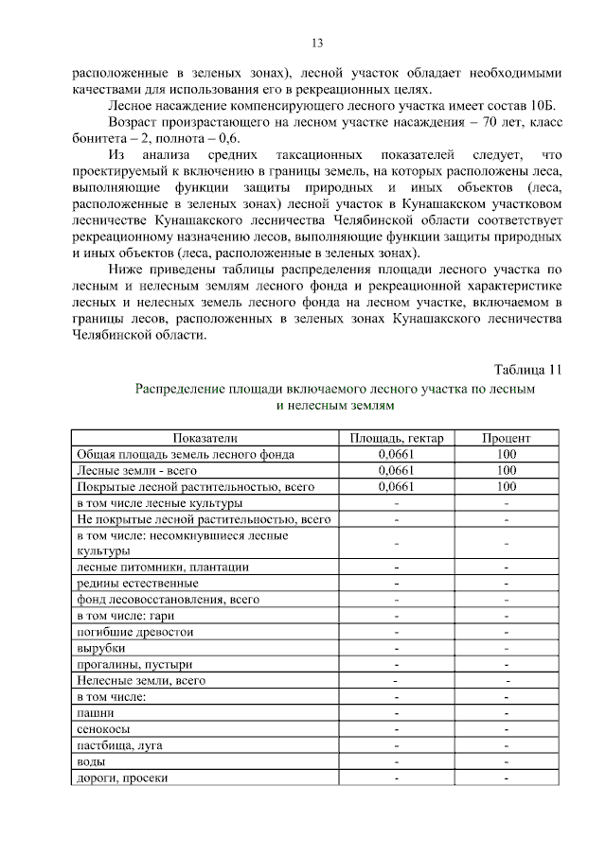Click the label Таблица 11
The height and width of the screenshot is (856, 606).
click(527, 368)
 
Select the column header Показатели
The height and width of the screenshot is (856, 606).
click(205, 438)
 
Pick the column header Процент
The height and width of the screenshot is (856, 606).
click(506, 438)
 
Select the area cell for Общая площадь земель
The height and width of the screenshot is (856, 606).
click(396, 454)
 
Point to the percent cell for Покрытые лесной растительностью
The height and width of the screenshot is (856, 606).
click(506, 486)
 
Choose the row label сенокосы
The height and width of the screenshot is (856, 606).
click(103, 729)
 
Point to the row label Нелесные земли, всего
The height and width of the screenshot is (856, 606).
click(141, 680)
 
